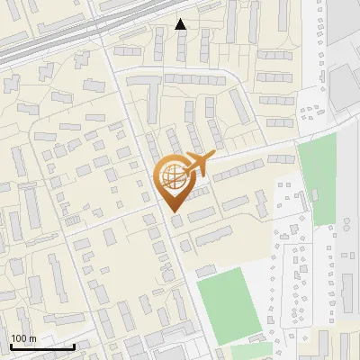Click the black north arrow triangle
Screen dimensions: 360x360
(x=181, y=24)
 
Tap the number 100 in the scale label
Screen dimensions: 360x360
(x=19, y=338)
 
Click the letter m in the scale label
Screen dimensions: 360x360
(x=32, y=338)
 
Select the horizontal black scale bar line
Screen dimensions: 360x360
(x=42, y=346)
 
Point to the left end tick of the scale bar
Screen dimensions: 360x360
(x=11, y=345)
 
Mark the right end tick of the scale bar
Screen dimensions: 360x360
(x=74, y=345)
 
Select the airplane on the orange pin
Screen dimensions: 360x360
(x=194, y=165)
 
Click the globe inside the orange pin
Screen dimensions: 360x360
(x=172, y=176)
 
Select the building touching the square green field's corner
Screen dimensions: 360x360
(x=206, y=270)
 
